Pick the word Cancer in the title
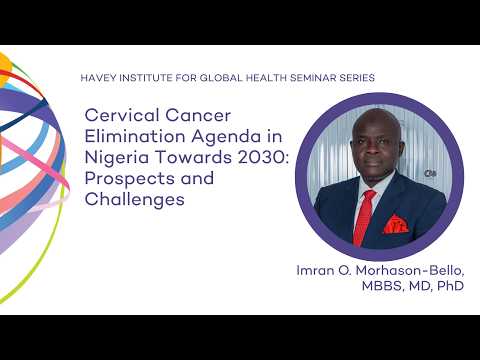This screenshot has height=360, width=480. [x=181, y=118]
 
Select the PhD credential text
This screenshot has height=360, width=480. [x=449, y=287]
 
